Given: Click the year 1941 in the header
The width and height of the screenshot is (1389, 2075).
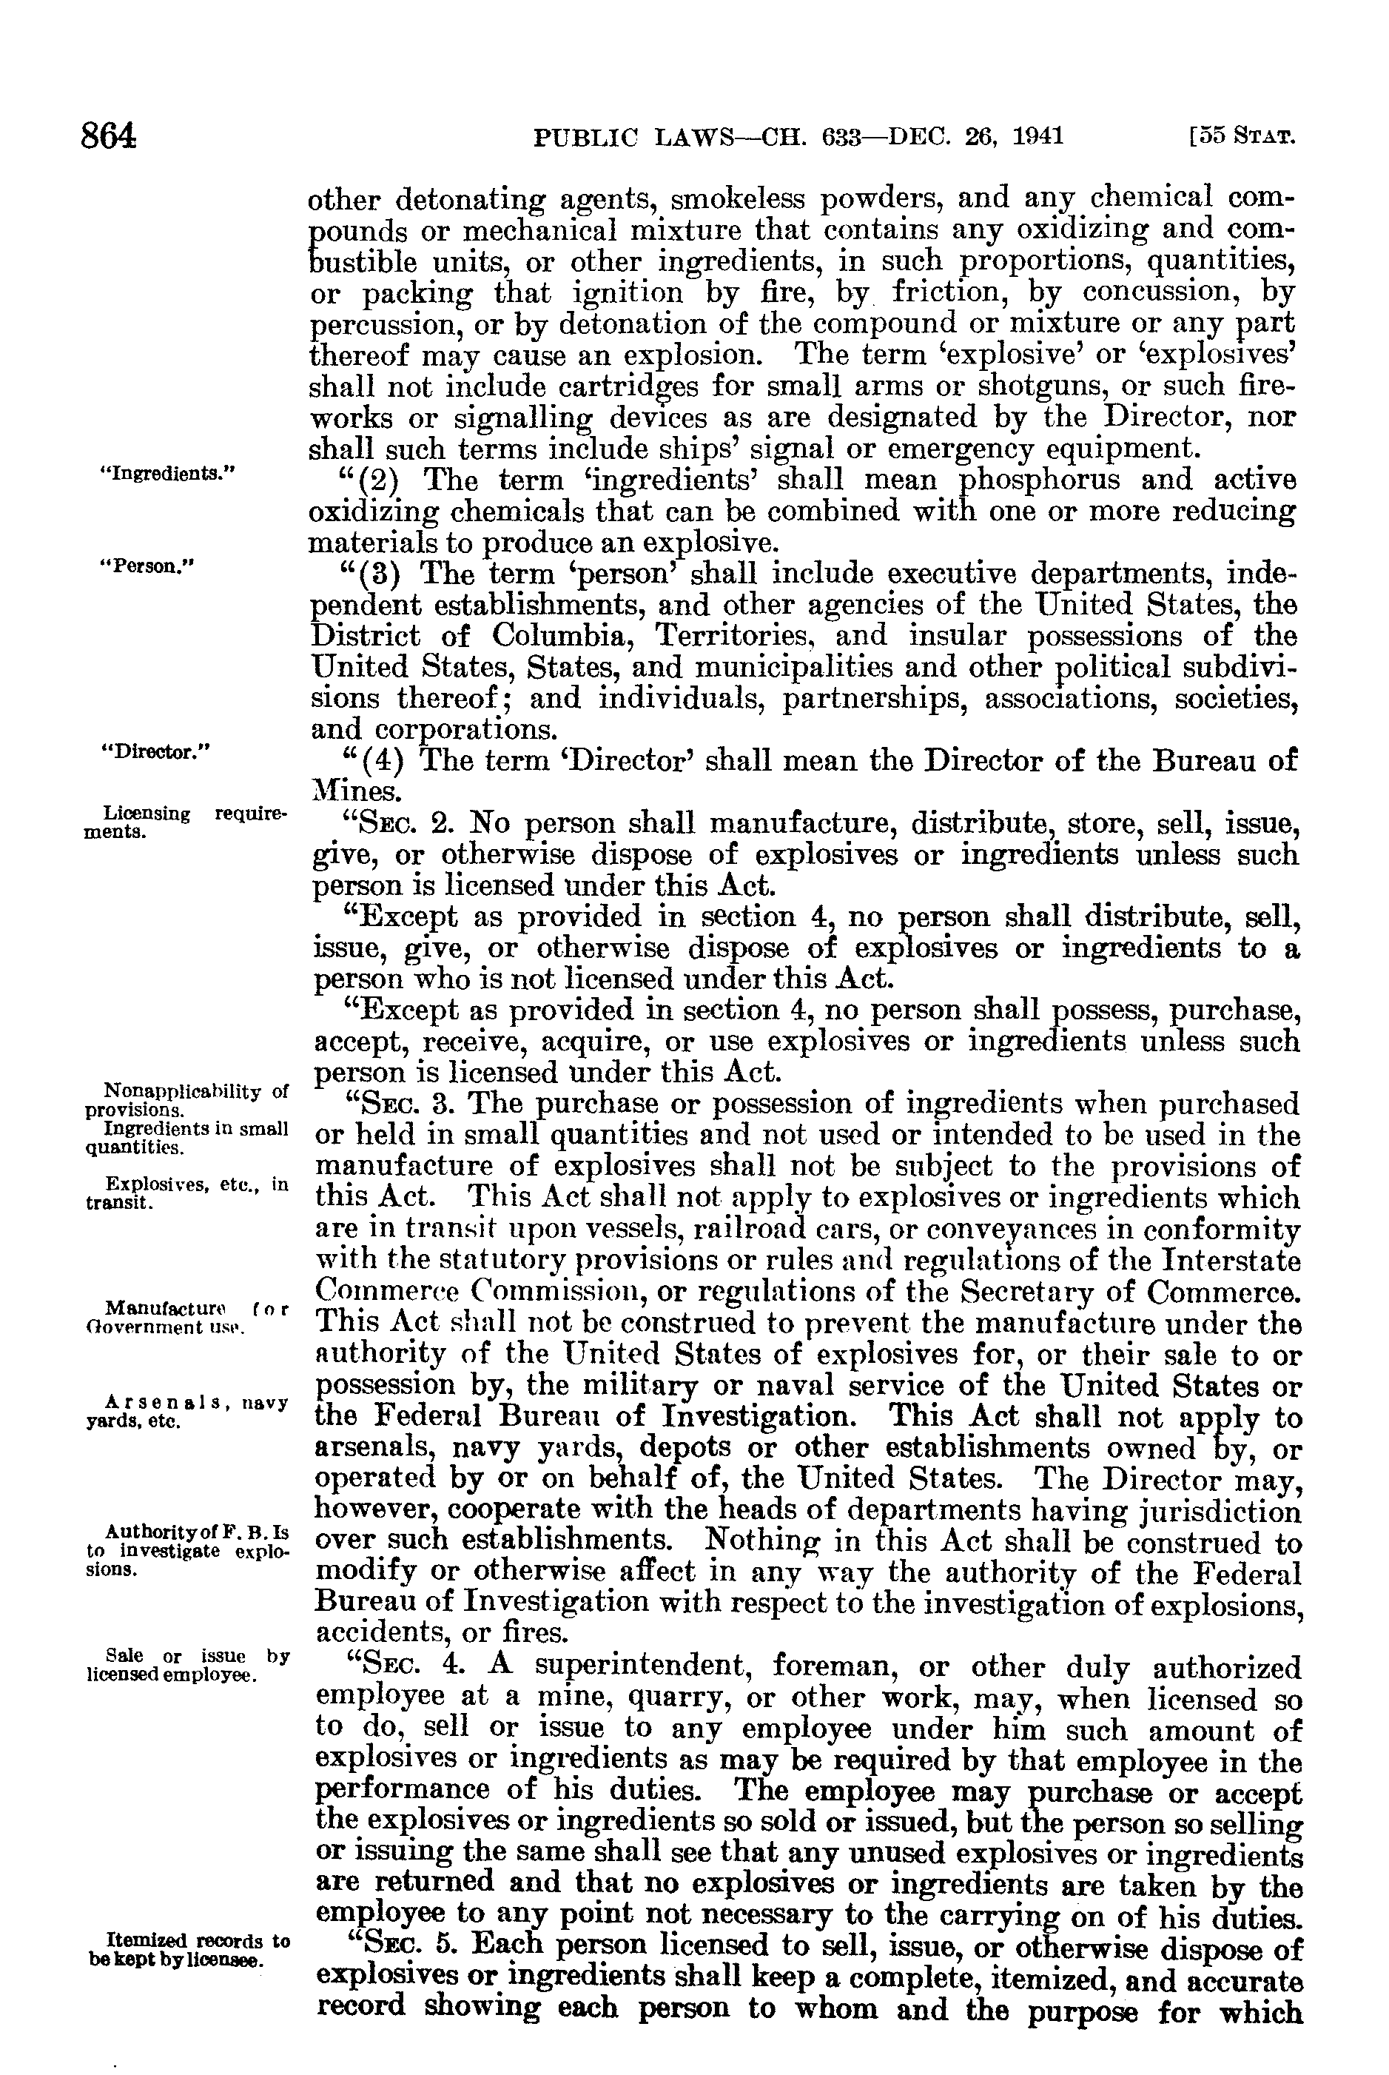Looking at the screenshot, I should [1037, 136].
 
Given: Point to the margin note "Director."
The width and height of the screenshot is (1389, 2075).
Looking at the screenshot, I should [157, 752].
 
